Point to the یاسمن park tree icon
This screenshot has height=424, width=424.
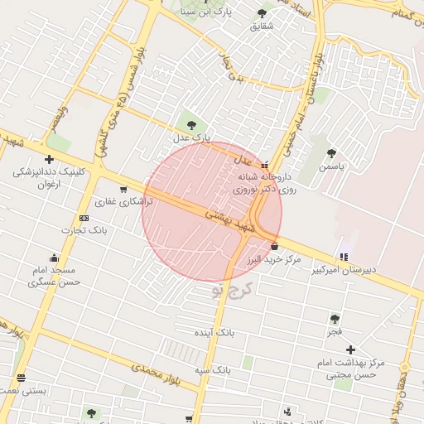pos(332,153)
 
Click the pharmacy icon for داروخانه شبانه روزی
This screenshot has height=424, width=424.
pos(264,166)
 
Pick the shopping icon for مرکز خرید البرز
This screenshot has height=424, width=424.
pos(274,246)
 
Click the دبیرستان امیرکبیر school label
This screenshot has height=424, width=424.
pos(344,270)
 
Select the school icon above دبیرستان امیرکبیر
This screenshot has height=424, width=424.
pos(344,255)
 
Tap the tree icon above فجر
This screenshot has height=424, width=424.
pos(335,318)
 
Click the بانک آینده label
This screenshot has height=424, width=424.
pos(214,331)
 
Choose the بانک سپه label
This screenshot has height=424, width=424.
pos(212,369)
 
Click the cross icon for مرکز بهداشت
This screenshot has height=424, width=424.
pos(352,349)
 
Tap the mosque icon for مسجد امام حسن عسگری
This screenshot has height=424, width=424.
pos(55,258)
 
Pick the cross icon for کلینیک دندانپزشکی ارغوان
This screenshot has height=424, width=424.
pos(49,159)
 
